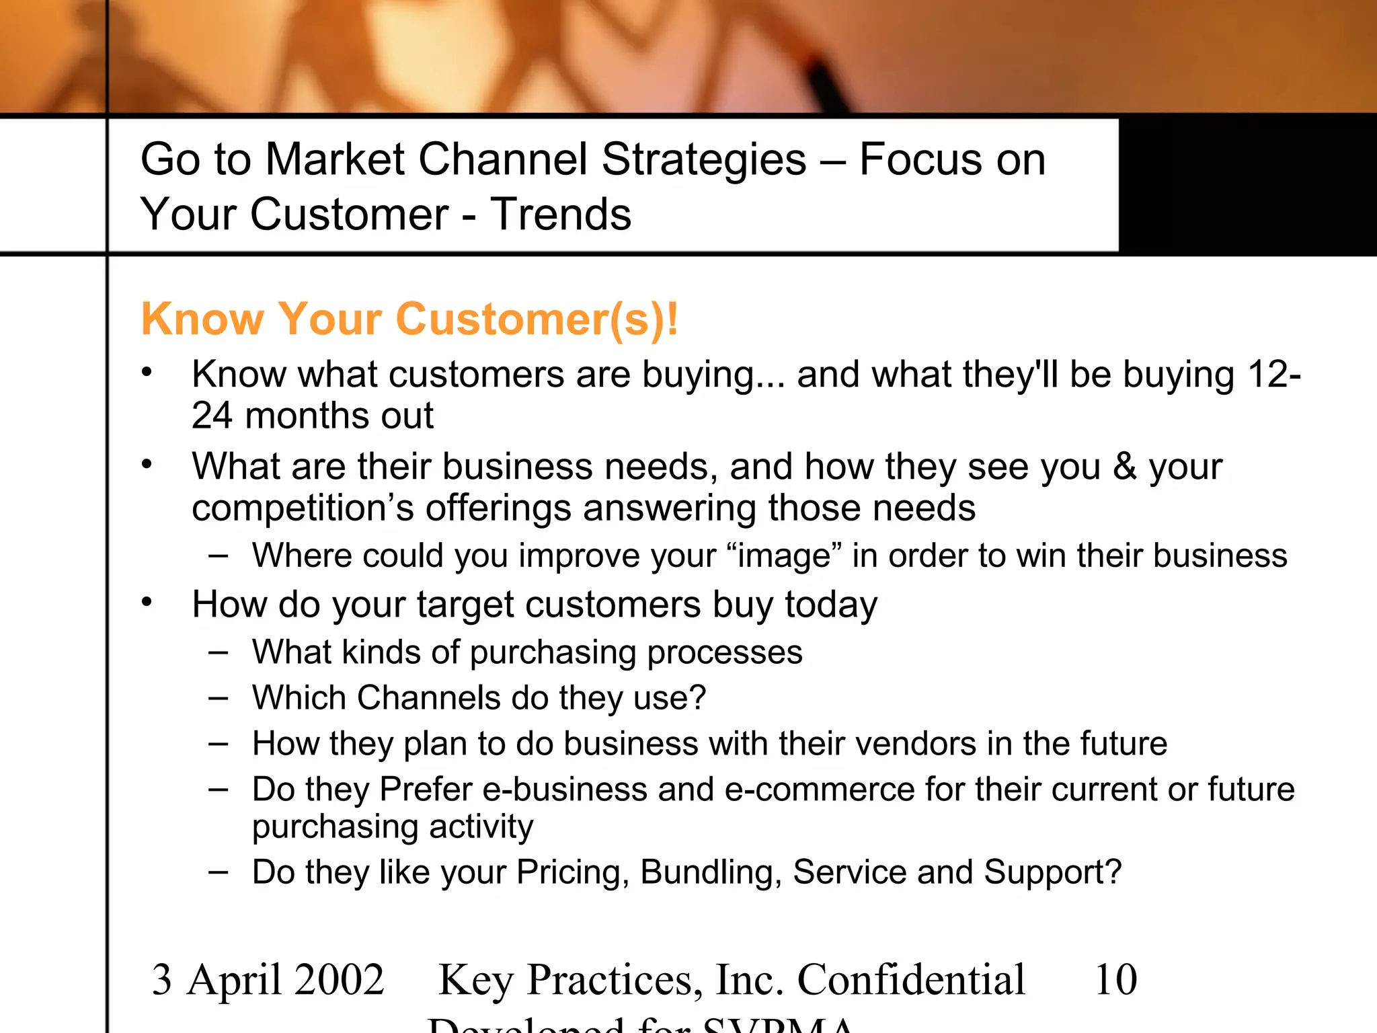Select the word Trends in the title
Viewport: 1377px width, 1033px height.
pos(561,214)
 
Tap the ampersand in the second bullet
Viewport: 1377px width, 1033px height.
pos(1124,466)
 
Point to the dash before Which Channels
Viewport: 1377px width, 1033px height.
pos(218,698)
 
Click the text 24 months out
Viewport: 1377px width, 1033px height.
pos(312,416)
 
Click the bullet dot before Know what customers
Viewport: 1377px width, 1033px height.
pos(147,371)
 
